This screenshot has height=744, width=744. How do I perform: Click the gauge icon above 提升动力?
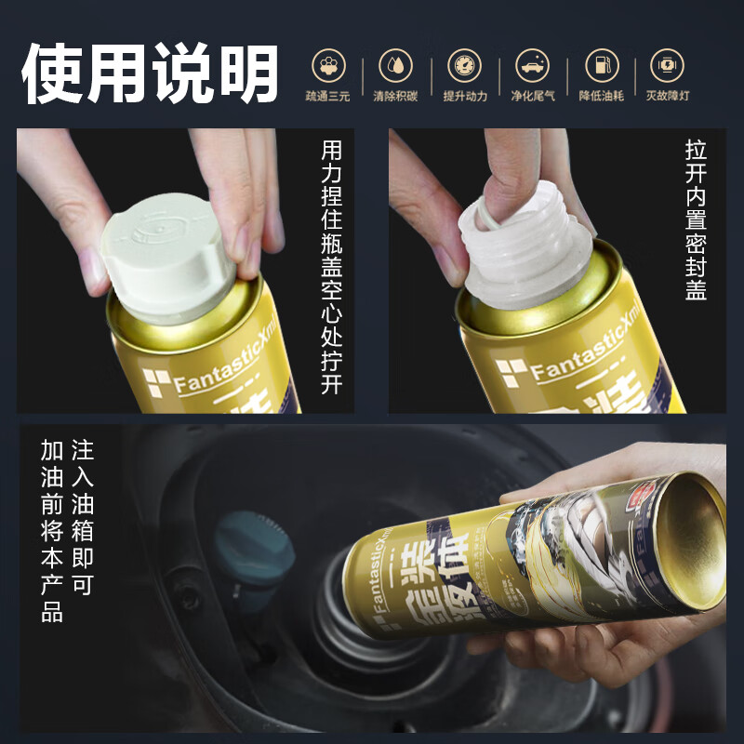[x=465, y=65]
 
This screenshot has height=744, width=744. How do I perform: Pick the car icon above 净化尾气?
[x=533, y=65]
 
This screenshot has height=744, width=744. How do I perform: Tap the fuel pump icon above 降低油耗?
[x=601, y=65]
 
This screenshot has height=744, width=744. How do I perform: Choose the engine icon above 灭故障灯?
[x=667, y=65]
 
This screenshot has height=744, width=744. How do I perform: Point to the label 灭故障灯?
[x=668, y=96]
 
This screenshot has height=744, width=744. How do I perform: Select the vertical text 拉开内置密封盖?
[x=696, y=219]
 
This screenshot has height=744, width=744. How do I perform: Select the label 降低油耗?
[x=601, y=96]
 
